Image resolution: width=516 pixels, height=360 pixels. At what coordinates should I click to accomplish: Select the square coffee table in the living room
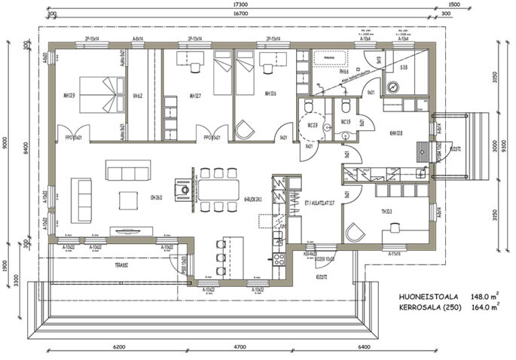[x=129, y=199]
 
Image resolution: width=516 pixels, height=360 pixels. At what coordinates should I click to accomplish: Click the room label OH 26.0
[x=157, y=197]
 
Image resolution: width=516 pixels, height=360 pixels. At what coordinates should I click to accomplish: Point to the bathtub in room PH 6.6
[x=328, y=57]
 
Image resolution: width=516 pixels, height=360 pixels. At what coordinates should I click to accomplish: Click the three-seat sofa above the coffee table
[x=124, y=173]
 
